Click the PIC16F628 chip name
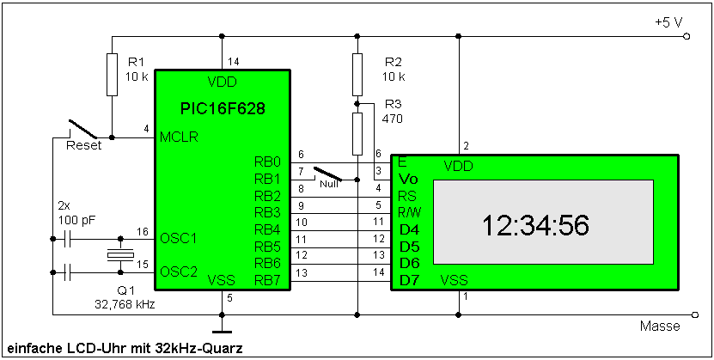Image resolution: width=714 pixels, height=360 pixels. pyautogui.click(x=223, y=109)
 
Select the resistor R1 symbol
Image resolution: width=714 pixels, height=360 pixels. pyautogui.click(x=112, y=74)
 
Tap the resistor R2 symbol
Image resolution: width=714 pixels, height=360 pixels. pyautogui.click(x=357, y=74)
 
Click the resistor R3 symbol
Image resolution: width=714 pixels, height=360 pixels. pyautogui.click(x=357, y=131)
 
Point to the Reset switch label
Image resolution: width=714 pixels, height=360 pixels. pyautogui.click(x=83, y=145)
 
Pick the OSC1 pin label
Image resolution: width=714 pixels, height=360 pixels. pyautogui.click(x=178, y=238)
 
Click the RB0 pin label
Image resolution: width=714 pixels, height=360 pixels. pyautogui.click(x=267, y=161)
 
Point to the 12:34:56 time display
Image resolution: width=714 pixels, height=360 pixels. pyautogui.click(x=534, y=226)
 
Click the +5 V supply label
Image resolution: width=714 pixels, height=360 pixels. pyautogui.click(x=668, y=21)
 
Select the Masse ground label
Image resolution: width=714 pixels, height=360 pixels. pyautogui.click(x=660, y=326)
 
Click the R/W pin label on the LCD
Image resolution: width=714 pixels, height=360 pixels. pyautogui.click(x=409, y=212)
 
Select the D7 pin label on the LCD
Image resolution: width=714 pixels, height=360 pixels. pyautogui.click(x=410, y=279)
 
